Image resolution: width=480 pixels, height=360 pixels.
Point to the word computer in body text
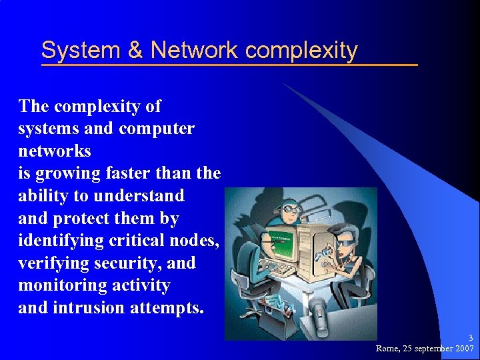tap(156, 129)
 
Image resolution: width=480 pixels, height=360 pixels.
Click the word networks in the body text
tap(55, 151)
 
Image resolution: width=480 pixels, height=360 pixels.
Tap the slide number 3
tap(470, 339)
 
